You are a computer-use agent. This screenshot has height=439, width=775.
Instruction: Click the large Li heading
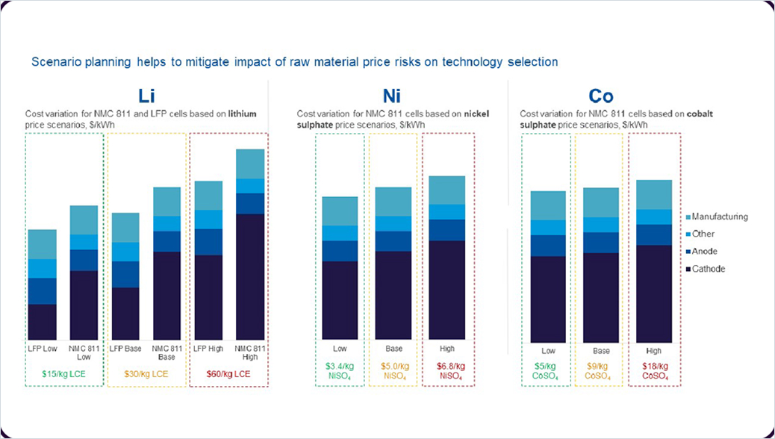(x=147, y=96)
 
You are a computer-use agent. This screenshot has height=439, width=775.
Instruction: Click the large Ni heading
(x=392, y=96)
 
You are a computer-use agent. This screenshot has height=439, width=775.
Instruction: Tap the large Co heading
(x=601, y=96)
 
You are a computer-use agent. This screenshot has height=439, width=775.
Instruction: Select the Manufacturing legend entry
(x=719, y=217)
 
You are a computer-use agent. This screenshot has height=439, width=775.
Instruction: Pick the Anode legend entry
(x=704, y=252)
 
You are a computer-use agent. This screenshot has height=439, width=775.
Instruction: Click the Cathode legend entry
(x=708, y=269)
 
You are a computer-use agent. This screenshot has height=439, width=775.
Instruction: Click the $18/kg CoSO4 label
(x=654, y=371)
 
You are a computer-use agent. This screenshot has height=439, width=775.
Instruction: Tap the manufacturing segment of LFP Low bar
(x=43, y=244)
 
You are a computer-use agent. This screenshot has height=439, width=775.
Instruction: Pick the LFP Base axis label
(x=125, y=349)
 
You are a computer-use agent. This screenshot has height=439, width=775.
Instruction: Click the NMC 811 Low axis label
(x=84, y=352)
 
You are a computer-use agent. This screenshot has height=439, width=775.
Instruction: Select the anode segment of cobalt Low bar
(x=548, y=246)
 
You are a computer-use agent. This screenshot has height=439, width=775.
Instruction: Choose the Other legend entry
(x=703, y=234)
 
